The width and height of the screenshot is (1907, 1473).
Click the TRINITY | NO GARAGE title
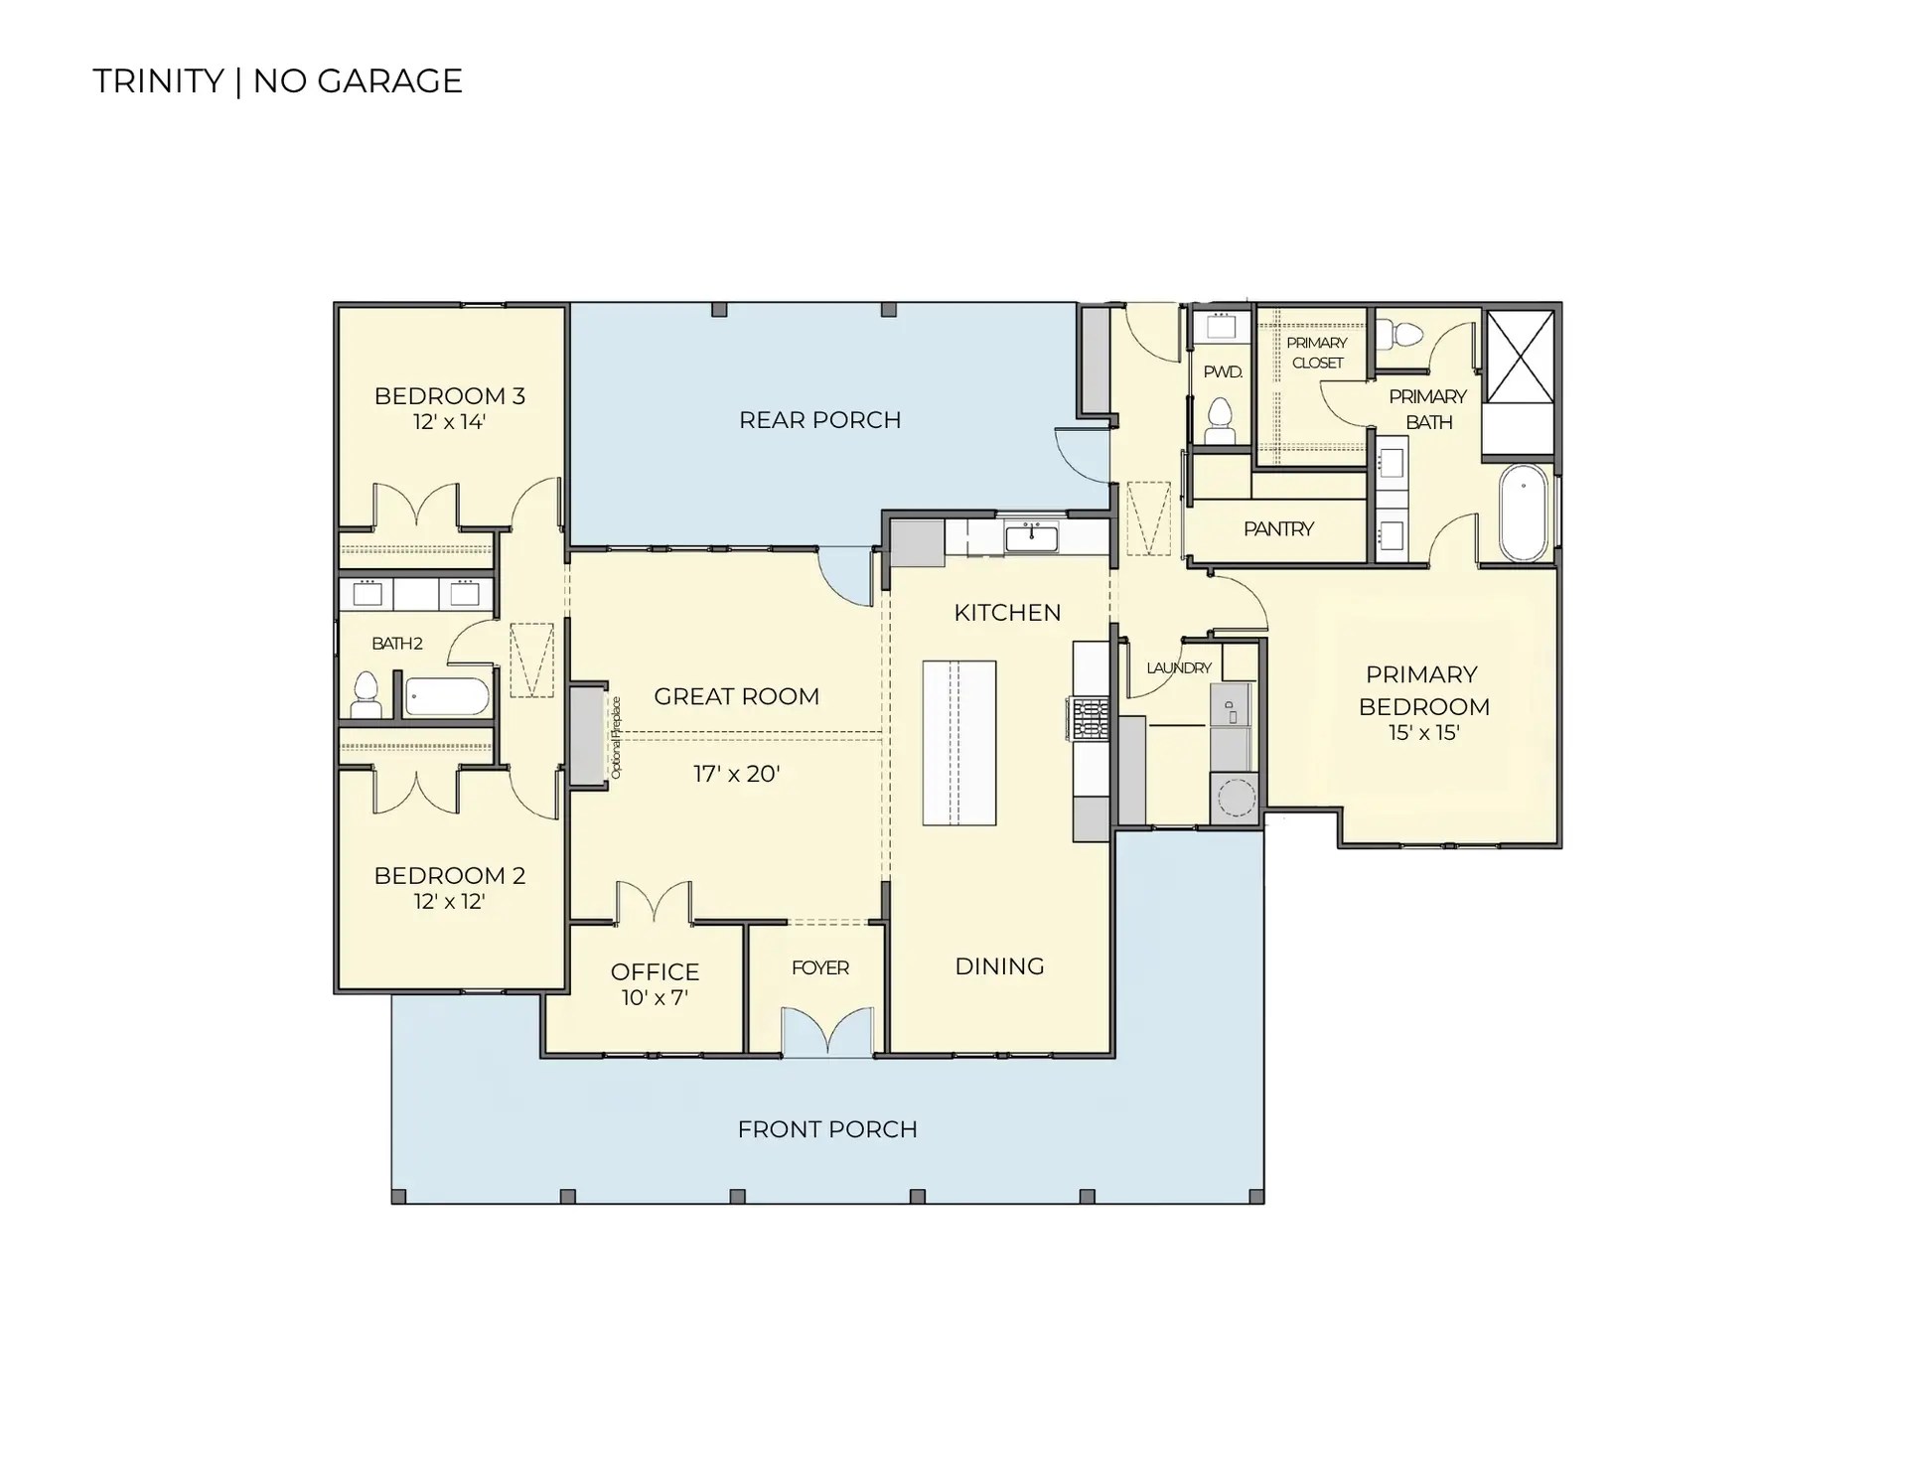click(277, 80)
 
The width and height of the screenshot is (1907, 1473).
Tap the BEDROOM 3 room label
click(449, 395)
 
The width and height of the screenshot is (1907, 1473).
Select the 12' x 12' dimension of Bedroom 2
click(449, 901)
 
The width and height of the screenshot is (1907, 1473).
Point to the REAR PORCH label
click(819, 419)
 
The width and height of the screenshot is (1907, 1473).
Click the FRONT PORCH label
click(827, 1129)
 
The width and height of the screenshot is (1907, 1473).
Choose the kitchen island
click(958, 743)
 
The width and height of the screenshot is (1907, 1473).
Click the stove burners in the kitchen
click(1090, 718)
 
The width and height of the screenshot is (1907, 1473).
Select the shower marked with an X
click(1519, 357)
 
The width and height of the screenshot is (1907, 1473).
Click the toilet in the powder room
click(1219, 421)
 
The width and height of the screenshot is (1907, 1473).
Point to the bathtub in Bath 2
click(447, 696)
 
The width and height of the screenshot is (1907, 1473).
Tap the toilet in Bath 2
click(367, 694)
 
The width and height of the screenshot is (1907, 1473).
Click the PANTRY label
click(1278, 528)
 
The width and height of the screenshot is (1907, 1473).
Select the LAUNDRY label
click(1179, 667)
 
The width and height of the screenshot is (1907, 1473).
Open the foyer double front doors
click(827, 1032)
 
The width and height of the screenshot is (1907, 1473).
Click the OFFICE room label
click(655, 971)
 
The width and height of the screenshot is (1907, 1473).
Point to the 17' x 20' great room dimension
click(736, 774)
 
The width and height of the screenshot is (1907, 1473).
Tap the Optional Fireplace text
click(616, 736)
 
